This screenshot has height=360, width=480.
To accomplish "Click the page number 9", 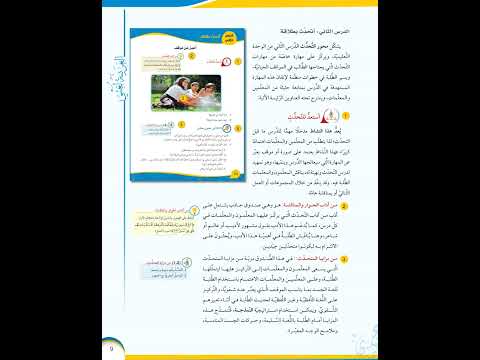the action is point(111,348).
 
